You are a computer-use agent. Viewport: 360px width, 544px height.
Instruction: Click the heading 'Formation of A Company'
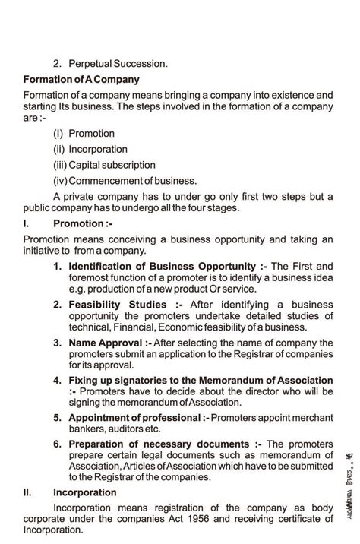click(81, 79)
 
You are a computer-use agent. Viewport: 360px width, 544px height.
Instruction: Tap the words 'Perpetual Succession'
click(118, 64)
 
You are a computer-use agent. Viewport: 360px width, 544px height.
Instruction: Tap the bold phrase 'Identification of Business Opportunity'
click(162, 266)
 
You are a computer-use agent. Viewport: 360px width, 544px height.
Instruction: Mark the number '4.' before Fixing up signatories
click(58, 380)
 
